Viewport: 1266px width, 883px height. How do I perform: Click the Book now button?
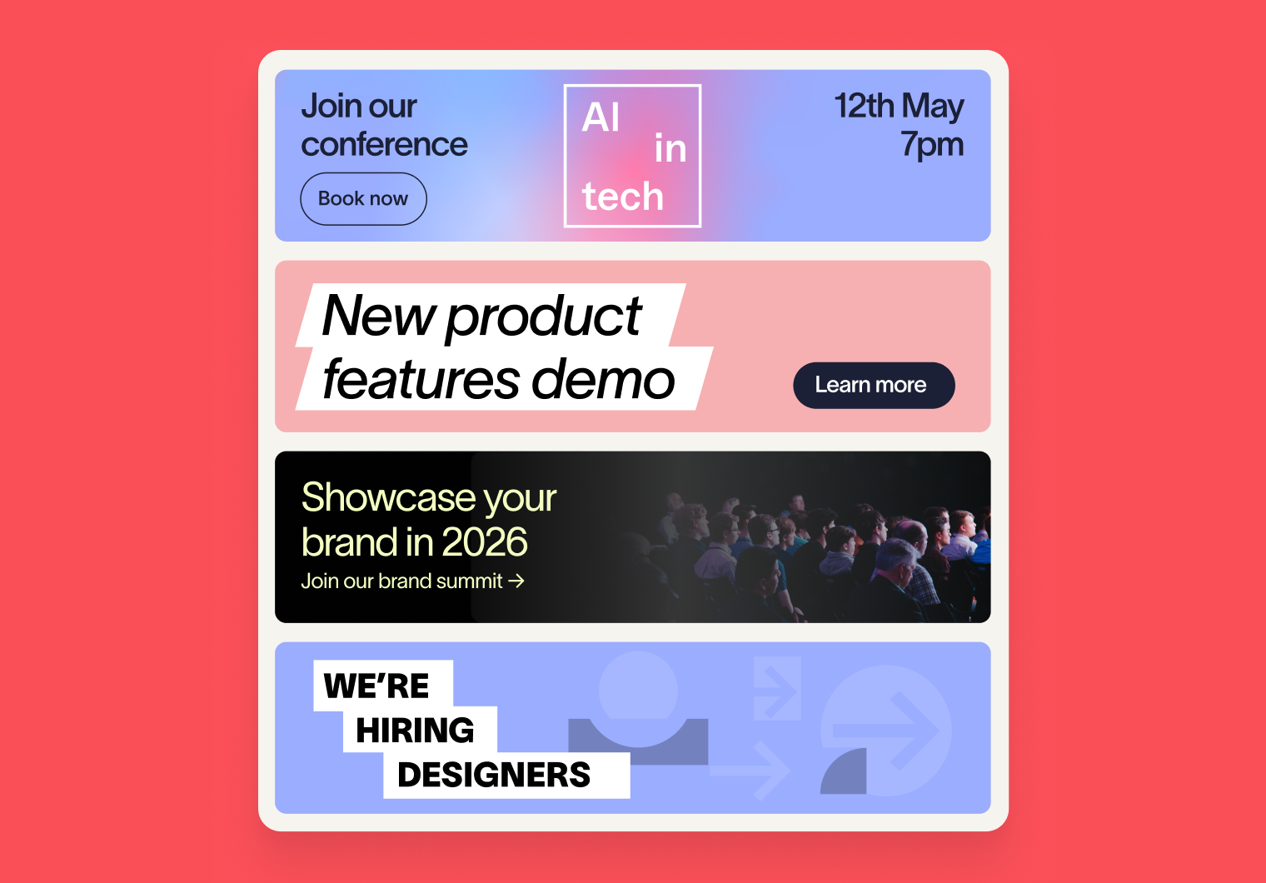tap(363, 199)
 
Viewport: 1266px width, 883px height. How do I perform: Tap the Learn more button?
tap(874, 386)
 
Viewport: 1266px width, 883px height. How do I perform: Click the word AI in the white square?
tap(601, 117)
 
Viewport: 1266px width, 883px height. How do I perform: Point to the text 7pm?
tap(932, 145)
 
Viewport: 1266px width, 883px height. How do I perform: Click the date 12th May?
tap(900, 107)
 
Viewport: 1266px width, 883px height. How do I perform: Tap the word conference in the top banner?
tap(384, 145)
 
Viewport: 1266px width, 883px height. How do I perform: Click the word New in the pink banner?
tap(378, 316)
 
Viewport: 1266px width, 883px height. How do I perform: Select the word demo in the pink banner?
tap(603, 379)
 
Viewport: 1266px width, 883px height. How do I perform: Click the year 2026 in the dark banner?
tap(485, 541)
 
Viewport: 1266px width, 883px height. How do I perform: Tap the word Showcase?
tap(388, 497)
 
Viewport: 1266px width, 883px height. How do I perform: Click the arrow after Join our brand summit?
tap(516, 581)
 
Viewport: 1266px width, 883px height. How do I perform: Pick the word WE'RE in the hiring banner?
tap(376, 686)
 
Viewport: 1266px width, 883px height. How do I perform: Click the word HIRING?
tap(415, 730)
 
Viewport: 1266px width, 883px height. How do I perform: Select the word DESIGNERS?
tap(493, 775)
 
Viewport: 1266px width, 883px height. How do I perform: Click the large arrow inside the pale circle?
tap(886, 731)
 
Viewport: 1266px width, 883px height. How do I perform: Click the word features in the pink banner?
tap(421, 379)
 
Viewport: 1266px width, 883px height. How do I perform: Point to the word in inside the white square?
tap(670, 148)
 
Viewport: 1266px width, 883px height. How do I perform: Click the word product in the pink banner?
tap(543, 317)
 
